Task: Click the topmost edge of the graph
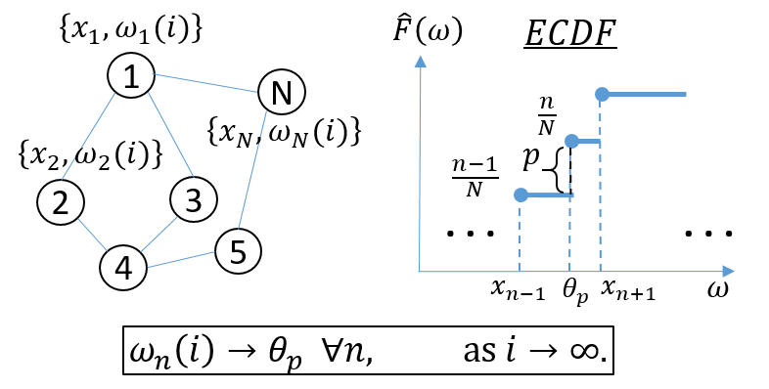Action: coord(204,83)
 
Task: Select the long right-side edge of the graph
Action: coord(252,170)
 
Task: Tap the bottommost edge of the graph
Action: coord(181,260)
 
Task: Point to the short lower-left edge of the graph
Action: coord(92,235)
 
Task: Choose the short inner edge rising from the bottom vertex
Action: coord(159,235)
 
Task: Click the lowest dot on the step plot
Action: coord(520,195)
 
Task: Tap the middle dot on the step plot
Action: coord(572,142)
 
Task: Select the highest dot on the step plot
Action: coord(603,94)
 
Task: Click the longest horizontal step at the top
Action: coord(646,94)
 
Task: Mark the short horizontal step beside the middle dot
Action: coord(588,142)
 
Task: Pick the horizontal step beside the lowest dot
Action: coord(550,195)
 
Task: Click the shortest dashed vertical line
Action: coord(520,235)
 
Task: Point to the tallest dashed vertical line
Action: coord(600,186)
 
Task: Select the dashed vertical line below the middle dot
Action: coord(569,210)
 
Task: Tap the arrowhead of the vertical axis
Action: coord(421,61)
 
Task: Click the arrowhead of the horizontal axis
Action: coord(728,271)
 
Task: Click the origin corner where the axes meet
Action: coord(419,271)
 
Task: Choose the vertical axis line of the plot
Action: coord(420,166)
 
